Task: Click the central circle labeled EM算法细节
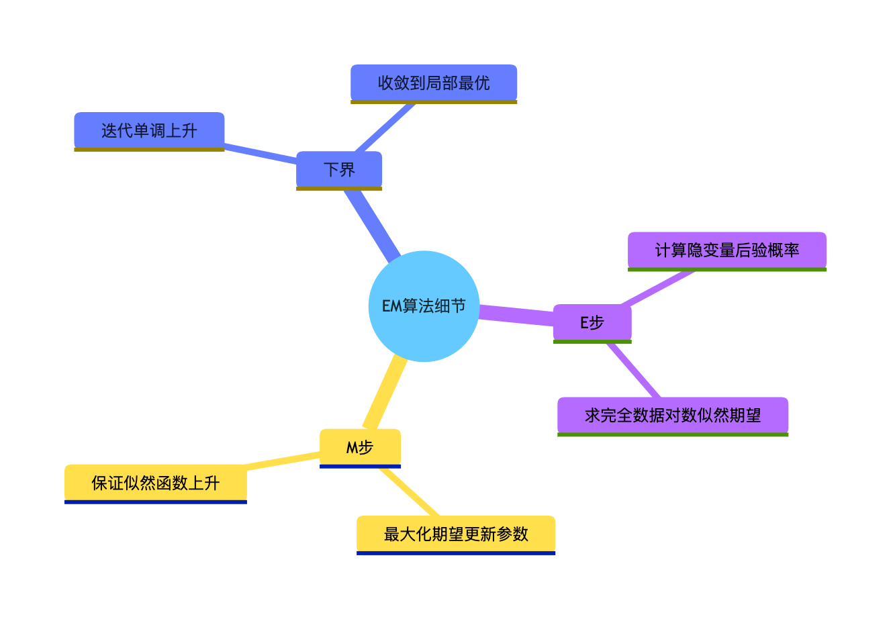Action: coord(424,306)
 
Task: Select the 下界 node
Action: coord(339,169)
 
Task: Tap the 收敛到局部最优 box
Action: coord(434,83)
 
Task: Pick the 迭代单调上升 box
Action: coord(149,130)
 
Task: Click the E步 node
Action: coord(592,322)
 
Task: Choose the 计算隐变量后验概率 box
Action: coord(726,250)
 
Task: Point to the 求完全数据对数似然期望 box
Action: coord(672,415)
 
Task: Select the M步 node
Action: coord(360,447)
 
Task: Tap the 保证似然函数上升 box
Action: coord(156,483)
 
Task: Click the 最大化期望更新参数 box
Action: coord(456,534)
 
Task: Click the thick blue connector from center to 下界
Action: coord(371,225)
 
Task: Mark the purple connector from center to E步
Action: coord(516,314)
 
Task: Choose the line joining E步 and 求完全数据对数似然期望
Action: coord(634,371)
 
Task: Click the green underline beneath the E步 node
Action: coord(592,342)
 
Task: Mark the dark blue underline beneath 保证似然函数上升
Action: coord(156,502)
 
